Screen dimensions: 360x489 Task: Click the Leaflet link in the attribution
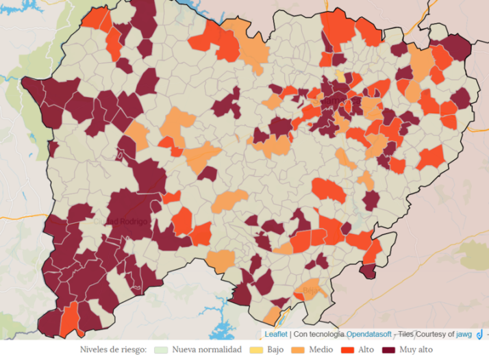(276, 334)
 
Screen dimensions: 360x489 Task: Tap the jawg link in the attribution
(465, 334)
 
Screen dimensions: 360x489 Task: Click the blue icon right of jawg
(480, 334)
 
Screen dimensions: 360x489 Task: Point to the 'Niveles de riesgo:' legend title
(113, 350)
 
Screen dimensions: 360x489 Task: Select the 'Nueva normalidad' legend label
(207, 350)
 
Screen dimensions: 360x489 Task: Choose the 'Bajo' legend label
(275, 350)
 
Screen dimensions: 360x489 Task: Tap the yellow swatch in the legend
(256, 350)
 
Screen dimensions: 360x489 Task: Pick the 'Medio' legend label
(320, 350)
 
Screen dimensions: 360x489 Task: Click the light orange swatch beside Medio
(297, 350)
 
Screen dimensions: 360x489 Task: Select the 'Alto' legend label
(366, 350)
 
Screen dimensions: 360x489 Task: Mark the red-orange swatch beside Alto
(347, 350)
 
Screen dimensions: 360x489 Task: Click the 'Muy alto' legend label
(416, 350)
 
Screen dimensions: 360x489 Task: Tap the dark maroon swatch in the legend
(388, 350)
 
